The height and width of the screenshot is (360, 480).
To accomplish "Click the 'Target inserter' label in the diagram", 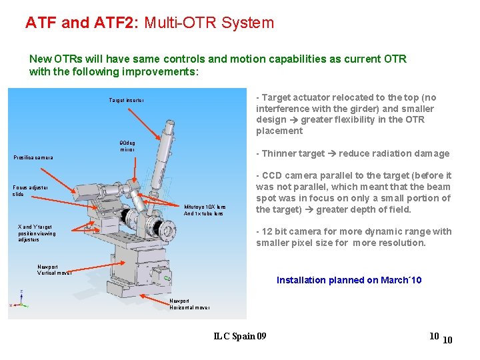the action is (x=127, y=101).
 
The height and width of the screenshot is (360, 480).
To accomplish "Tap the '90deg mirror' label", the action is (x=127, y=146).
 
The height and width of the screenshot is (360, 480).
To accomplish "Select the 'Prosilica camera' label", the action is (x=33, y=158).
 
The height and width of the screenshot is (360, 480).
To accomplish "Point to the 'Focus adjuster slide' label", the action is (x=30, y=190).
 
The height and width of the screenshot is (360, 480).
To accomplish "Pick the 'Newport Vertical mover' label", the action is (x=55, y=269).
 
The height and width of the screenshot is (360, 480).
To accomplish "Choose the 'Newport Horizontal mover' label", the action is (x=189, y=304).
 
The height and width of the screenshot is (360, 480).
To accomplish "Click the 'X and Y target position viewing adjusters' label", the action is (x=37, y=233).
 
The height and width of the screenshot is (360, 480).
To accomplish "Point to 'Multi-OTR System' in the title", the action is (x=220, y=23).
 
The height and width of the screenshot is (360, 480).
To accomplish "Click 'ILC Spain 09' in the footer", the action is (x=239, y=336).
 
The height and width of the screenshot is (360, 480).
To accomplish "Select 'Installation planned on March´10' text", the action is (x=349, y=280).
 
